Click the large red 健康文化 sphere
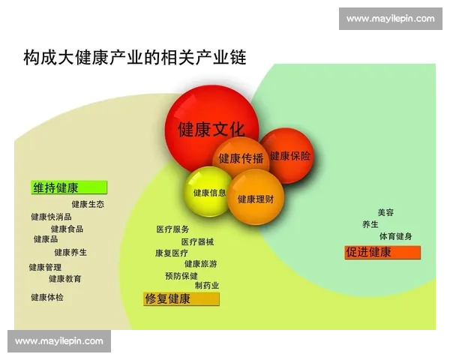211,128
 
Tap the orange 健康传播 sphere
241,158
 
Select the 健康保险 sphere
289,156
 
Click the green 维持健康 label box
70,188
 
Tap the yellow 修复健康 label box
181,299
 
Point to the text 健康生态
88,204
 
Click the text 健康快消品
51,217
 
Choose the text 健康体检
47,297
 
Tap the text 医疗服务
172,229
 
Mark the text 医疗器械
197,241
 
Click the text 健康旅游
201,264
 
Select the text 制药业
207,286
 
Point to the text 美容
385,212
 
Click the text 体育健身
395,236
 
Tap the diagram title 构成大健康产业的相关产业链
135,57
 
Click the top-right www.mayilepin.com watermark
390,19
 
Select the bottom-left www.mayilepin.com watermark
59,341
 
